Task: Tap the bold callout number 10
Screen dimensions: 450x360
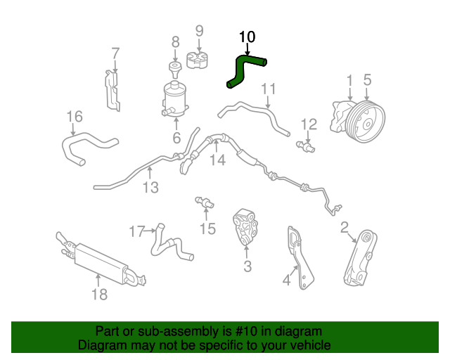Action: [x=247, y=37]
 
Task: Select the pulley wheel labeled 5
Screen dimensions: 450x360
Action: [x=366, y=122]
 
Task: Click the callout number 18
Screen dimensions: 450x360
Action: [x=99, y=295]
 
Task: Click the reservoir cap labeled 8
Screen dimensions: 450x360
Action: [x=175, y=69]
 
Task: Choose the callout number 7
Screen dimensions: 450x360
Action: [x=115, y=53]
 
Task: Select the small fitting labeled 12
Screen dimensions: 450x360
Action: [x=306, y=146]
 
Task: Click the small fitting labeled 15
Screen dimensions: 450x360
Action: [x=205, y=202]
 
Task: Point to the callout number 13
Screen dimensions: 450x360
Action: [x=150, y=188]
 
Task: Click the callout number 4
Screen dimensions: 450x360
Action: [x=286, y=280]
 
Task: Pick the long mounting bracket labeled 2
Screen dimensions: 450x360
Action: [x=360, y=258]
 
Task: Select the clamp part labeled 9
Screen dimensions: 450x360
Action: [x=198, y=60]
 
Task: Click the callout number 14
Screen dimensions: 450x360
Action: [x=218, y=160]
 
